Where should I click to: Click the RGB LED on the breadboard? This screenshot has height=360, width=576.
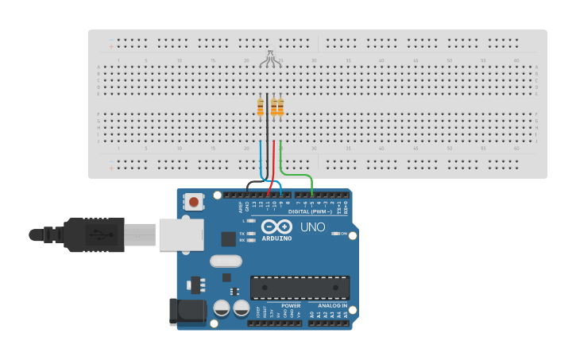click(x=270, y=56)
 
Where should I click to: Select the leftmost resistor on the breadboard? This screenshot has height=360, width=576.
click(x=261, y=106)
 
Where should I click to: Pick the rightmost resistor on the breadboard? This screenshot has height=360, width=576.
click(x=280, y=106)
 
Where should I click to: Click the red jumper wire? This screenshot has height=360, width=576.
click(x=274, y=163)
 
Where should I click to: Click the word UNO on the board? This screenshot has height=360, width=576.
click(x=312, y=227)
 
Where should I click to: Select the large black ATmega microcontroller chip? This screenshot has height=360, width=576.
click(x=300, y=287)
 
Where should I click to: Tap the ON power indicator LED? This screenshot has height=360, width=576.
click(x=334, y=234)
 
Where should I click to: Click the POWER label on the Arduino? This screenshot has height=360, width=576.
click(x=291, y=305)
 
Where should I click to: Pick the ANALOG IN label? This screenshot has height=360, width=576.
click(x=332, y=305)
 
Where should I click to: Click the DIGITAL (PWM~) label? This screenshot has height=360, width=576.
click(x=310, y=211)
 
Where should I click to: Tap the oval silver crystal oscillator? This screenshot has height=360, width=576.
click(x=226, y=261)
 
